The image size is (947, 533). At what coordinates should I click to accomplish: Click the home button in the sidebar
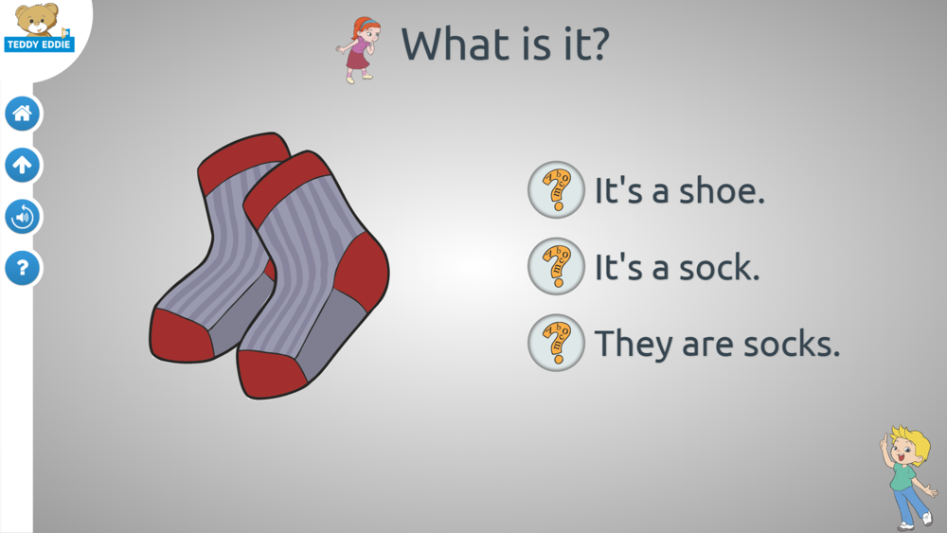click(23, 114)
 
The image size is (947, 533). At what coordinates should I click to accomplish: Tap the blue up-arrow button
click(23, 165)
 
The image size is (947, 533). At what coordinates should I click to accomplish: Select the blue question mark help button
click(23, 268)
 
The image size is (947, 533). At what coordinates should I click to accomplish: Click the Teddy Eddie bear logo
click(39, 27)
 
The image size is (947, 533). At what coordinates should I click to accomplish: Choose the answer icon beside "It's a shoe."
click(556, 189)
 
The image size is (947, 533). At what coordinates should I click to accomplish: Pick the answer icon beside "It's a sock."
click(556, 266)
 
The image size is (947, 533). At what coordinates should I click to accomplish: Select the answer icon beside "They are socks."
click(556, 343)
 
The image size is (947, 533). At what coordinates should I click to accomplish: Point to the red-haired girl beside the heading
click(360, 50)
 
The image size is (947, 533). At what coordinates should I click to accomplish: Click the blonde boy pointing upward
click(908, 477)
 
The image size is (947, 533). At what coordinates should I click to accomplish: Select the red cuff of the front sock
click(286, 188)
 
